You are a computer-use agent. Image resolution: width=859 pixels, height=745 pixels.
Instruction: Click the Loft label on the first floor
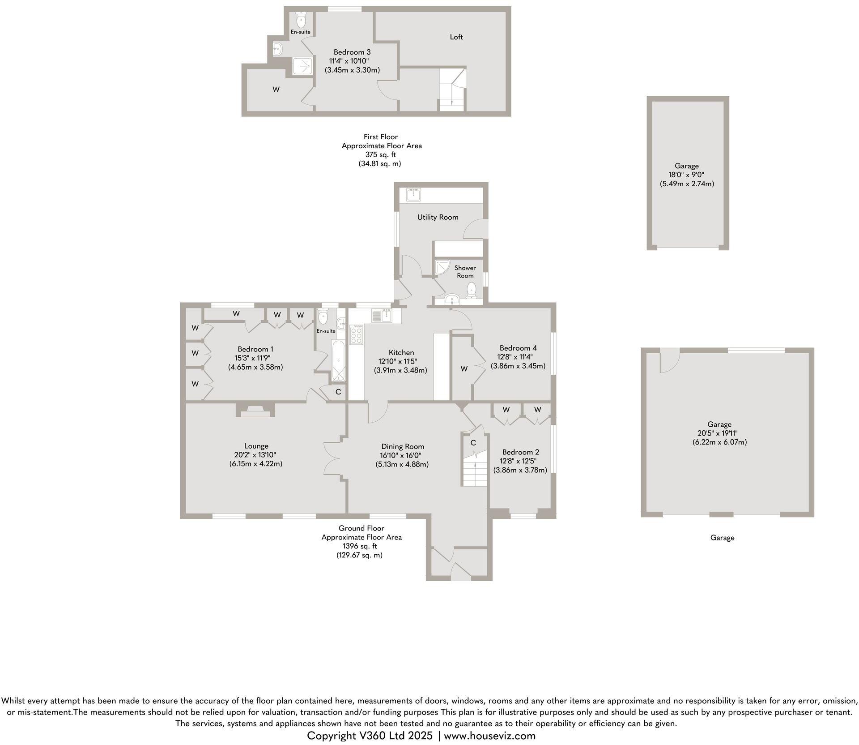(456, 37)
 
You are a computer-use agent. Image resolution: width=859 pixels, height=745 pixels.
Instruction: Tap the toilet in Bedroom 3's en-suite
(301, 20)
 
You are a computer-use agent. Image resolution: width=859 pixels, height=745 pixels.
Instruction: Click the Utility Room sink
(413, 194)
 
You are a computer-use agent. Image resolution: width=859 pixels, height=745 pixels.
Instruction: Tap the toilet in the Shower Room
(471, 292)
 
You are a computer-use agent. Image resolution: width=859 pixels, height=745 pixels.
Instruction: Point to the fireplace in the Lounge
(255, 411)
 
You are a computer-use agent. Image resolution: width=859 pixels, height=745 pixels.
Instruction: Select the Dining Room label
(403, 446)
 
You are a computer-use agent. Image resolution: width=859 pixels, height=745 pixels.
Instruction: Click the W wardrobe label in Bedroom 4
(464, 369)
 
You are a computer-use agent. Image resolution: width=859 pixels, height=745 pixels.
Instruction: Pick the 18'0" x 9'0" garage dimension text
(686, 175)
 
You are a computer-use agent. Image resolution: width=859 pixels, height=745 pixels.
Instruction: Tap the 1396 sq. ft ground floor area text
(360, 546)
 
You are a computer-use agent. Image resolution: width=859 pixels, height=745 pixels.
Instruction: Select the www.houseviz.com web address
(489, 736)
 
